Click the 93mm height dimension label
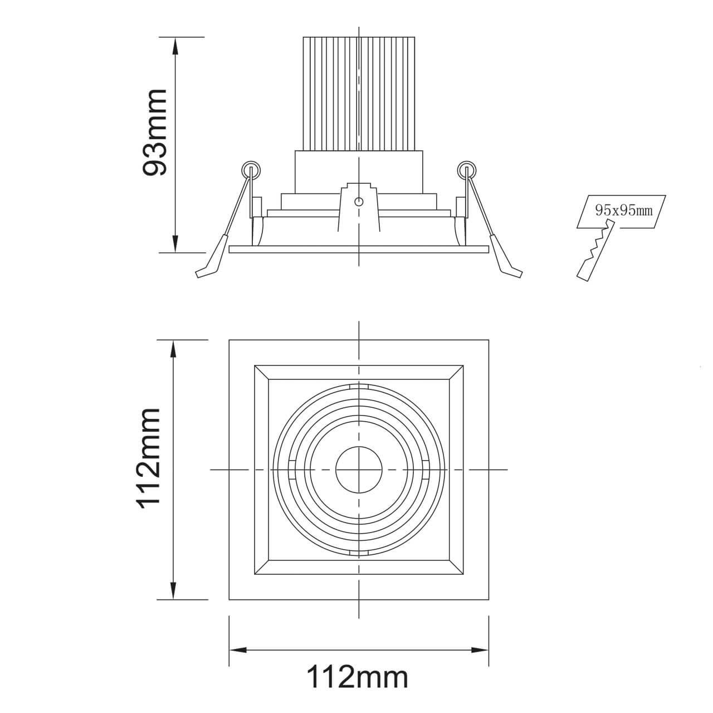pos(155,132)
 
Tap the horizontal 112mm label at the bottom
pos(358,687)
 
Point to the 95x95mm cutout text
pos(623,211)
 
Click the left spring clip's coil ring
pos(251,170)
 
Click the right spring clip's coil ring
pos(467,170)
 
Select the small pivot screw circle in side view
pos(359,202)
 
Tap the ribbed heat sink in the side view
pos(359,94)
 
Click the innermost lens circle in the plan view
pos(359,470)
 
